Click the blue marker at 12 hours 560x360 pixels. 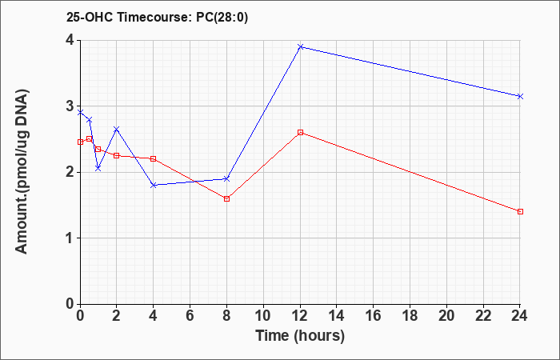tap(300, 46)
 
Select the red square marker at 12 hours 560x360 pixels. tap(300, 133)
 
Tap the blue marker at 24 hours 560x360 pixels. tap(520, 97)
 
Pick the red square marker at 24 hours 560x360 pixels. tap(520, 212)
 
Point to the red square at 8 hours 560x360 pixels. tap(226, 199)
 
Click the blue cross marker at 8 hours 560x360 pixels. tap(226, 178)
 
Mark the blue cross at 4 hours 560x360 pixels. tap(154, 185)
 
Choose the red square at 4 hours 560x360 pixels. tap(154, 158)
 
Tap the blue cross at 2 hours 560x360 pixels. tap(117, 129)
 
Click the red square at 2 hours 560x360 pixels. tap(117, 156)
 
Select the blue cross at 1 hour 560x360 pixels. tap(98, 168)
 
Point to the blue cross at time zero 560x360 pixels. tap(80, 113)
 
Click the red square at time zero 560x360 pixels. tap(80, 142)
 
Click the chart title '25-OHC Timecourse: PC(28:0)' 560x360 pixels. tap(157, 17)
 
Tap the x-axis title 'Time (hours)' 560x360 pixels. tap(300, 336)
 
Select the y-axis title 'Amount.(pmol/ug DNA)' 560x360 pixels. tap(22, 171)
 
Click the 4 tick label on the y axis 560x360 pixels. tap(70, 40)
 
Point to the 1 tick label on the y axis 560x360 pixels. tap(70, 238)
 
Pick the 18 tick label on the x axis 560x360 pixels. tap(410, 316)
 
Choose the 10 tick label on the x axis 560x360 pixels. tap(263, 316)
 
